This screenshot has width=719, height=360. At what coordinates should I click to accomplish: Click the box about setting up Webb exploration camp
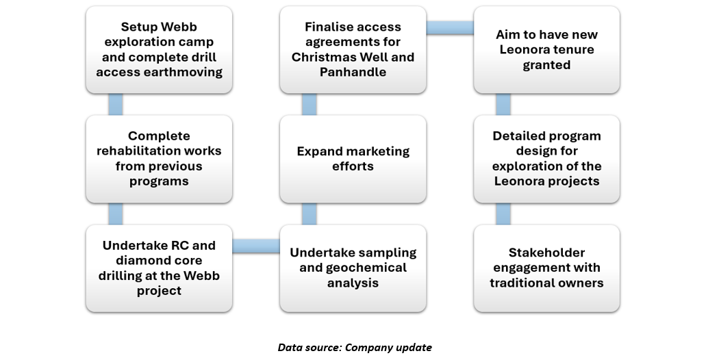click(x=159, y=50)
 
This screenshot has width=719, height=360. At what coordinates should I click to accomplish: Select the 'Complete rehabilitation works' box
click(x=159, y=159)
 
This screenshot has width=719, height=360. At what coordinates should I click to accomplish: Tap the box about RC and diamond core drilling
click(x=159, y=268)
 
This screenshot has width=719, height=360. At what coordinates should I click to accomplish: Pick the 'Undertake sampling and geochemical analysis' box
click(x=353, y=268)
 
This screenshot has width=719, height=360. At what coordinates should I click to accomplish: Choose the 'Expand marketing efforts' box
click(x=353, y=159)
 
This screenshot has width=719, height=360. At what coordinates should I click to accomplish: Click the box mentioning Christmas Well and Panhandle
click(x=353, y=50)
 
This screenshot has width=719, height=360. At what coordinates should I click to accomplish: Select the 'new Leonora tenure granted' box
click(x=546, y=50)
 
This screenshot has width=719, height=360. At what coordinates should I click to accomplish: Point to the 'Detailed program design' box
click(x=546, y=159)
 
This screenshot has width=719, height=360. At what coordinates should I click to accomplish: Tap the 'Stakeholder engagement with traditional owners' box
click(x=546, y=268)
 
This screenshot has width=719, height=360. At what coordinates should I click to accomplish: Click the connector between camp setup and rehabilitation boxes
click(x=115, y=104)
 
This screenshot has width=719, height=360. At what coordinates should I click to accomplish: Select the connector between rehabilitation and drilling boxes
click(x=115, y=214)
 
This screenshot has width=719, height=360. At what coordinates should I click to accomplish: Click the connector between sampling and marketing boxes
click(x=310, y=214)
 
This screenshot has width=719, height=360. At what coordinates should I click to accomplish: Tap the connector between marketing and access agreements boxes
click(x=310, y=104)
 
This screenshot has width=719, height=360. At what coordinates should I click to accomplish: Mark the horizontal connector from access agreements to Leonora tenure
click(x=450, y=27)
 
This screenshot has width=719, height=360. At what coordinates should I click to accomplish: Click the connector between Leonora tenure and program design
click(x=503, y=104)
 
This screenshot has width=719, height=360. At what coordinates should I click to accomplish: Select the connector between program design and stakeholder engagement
click(x=503, y=214)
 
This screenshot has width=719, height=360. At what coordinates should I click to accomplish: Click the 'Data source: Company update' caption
click(x=355, y=348)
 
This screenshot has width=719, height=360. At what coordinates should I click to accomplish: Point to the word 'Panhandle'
click(x=353, y=72)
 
